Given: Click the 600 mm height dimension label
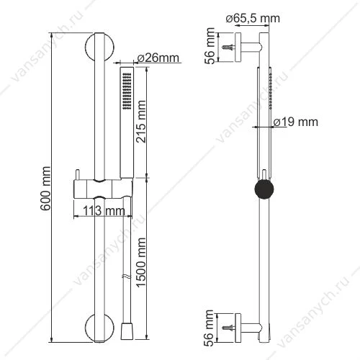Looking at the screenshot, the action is click(45, 189).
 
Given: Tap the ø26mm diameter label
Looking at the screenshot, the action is click(158, 58).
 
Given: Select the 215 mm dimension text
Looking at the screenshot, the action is click(141, 122).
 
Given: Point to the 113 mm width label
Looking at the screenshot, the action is click(104, 211).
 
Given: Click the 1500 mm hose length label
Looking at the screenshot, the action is click(141, 262).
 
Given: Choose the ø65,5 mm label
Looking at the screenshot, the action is click(253, 19).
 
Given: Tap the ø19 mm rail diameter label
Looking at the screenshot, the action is click(296, 122).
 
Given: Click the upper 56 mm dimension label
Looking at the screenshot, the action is click(210, 45).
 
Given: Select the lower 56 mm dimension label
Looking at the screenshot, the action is click(210, 328).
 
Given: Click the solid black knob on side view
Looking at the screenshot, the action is click(264, 189).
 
